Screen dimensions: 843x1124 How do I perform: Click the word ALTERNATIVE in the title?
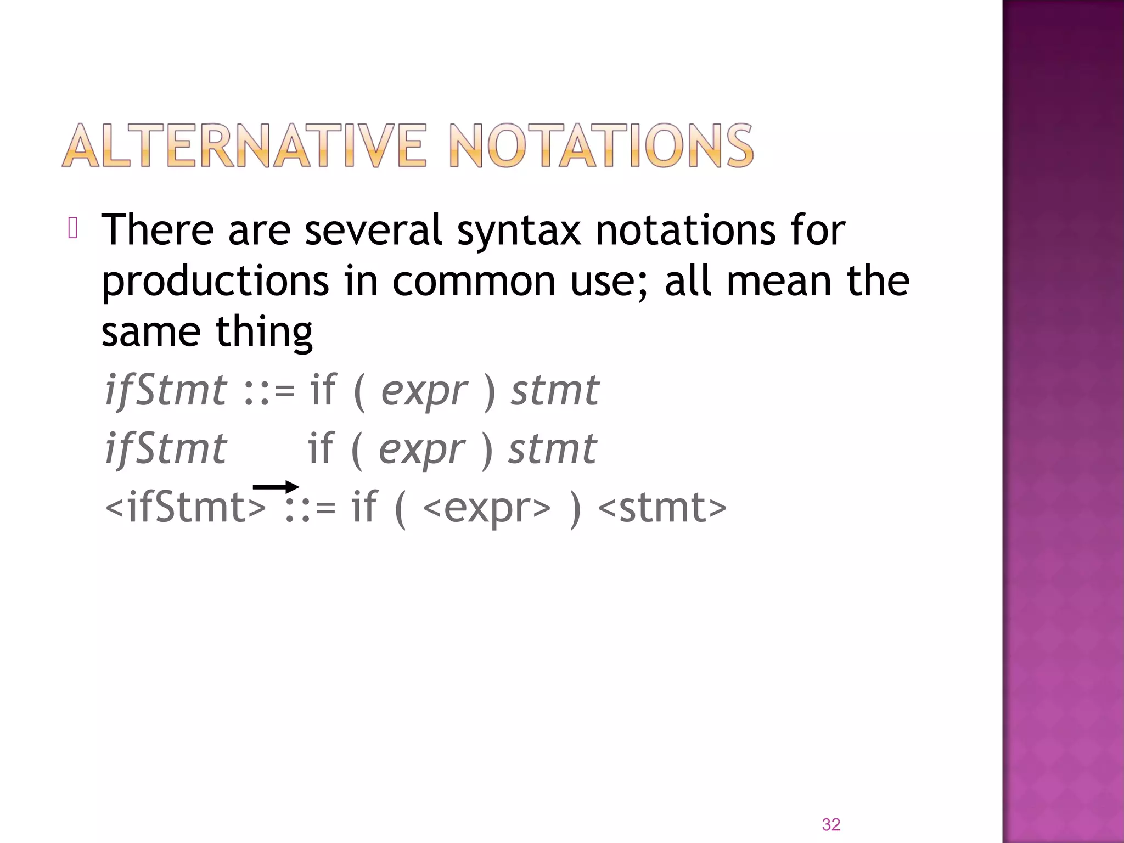(244, 145)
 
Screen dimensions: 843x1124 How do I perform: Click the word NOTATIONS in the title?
(602, 145)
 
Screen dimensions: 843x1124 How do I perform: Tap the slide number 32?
(831, 824)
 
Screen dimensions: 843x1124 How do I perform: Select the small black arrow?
(276, 487)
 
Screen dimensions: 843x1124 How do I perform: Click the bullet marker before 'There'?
(73, 228)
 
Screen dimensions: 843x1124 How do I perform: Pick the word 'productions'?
(216, 282)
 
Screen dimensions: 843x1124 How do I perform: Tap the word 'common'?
(474, 282)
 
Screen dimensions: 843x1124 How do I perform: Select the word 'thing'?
(264, 333)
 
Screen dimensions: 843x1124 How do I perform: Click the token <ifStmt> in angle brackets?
(186, 508)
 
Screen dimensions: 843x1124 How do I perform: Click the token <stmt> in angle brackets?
(662, 508)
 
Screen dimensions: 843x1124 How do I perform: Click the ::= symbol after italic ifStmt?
(269, 392)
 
